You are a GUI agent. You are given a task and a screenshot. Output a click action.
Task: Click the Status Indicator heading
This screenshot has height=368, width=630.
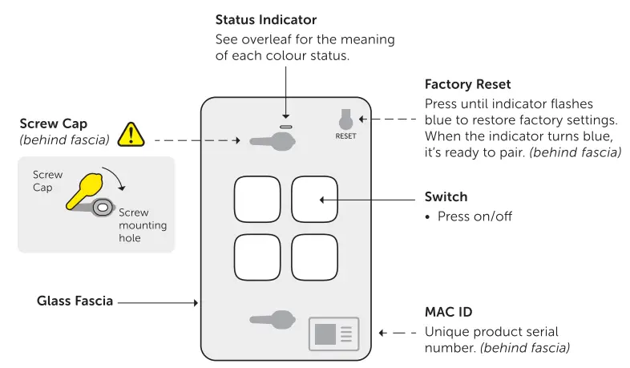266,19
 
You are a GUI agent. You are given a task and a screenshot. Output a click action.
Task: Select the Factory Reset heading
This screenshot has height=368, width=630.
467,84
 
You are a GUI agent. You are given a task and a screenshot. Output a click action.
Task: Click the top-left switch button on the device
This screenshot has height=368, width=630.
257,199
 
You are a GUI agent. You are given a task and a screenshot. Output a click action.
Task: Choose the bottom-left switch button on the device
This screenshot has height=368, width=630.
257,257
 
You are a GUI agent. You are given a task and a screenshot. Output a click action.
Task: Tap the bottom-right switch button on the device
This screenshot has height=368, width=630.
314,257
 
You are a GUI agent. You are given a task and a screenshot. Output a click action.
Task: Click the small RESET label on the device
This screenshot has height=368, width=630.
345,136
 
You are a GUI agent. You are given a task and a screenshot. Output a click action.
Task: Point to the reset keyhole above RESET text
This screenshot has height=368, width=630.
345,119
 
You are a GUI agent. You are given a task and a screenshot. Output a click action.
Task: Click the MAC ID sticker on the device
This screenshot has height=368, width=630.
333,334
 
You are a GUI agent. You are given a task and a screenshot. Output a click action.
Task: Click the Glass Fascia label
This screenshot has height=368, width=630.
75,301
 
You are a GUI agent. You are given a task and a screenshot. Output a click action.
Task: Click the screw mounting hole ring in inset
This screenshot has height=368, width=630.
103,208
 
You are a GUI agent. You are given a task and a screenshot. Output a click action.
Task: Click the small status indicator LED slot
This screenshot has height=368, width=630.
285,126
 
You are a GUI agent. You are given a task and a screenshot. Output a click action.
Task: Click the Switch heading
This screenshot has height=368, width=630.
446,197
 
